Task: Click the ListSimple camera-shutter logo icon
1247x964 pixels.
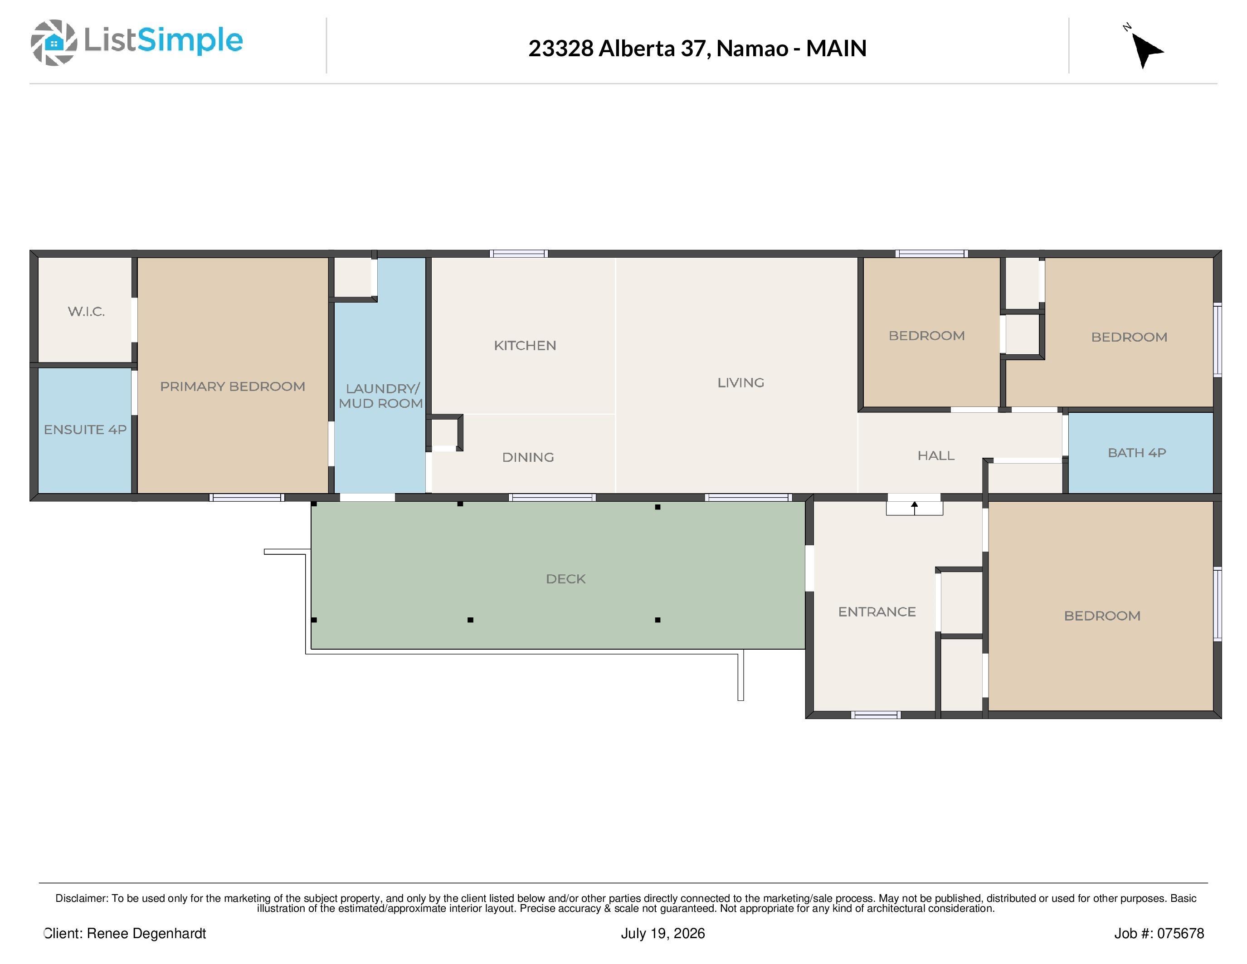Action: click(x=54, y=42)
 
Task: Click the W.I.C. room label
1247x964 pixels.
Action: click(x=86, y=311)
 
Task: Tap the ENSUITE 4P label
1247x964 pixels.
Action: click(x=85, y=430)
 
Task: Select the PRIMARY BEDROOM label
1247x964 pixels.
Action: click(x=232, y=386)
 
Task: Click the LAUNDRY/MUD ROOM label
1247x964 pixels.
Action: click(x=381, y=396)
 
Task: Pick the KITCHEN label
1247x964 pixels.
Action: click(x=525, y=346)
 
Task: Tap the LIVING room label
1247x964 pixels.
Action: click(x=740, y=382)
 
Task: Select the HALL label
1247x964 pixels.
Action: click(x=936, y=455)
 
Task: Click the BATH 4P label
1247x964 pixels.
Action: click(x=1137, y=453)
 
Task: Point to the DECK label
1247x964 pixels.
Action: click(x=566, y=578)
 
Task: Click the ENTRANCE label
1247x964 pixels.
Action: click(x=877, y=612)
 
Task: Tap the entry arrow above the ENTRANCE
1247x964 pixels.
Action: click(x=914, y=508)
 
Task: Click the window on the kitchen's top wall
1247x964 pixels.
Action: click(x=519, y=254)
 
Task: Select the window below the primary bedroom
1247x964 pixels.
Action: click(x=247, y=497)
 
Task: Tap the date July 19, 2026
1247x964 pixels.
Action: click(x=663, y=933)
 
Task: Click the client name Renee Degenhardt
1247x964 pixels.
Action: click(x=146, y=933)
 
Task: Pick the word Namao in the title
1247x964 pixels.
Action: click(x=753, y=49)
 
